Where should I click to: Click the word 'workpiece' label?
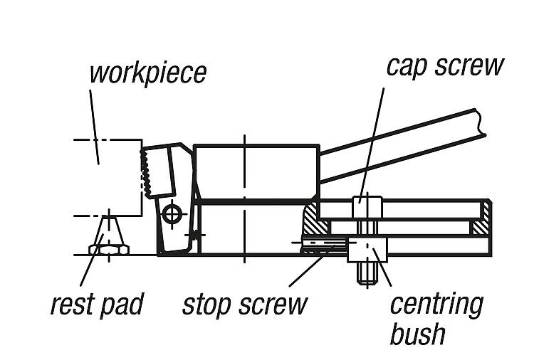coord(147,73)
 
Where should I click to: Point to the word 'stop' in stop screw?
coord(209,304)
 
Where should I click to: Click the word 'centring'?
coord(436,304)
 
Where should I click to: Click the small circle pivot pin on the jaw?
coord(171,212)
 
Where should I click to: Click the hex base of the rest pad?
coord(108,249)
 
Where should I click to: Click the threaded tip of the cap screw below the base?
coord(367,274)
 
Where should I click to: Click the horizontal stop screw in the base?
coord(322,243)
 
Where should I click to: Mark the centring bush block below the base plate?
coord(367,250)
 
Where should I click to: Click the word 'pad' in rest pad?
coord(121,304)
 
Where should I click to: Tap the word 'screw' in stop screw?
coord(273,304)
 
